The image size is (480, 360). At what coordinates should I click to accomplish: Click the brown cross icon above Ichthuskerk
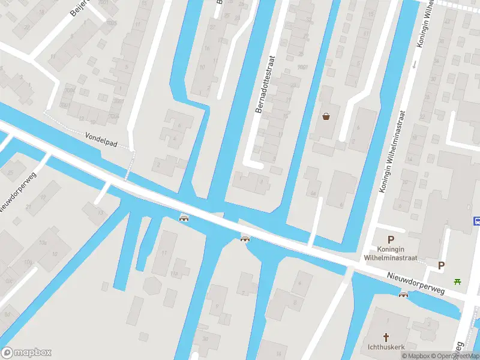(x=386, y=337)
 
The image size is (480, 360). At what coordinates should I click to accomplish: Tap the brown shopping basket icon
(x=326, y=116)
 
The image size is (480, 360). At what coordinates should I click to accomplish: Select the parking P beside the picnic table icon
(x=442, y=265)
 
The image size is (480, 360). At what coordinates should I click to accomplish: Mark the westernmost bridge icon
(x=184, y=217)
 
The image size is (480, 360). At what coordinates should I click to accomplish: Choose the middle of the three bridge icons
(x=245, y=239)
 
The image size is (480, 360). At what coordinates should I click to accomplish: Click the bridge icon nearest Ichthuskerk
(x=403, y=294)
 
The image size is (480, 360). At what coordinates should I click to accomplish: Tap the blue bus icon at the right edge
(x=476, y=221)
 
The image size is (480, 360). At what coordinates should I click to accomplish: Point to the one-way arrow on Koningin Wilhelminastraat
(x=415, y=64)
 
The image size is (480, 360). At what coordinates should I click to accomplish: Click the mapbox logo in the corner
(x=26, y=353)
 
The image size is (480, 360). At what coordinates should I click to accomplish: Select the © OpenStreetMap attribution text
(x=457, y=356)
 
